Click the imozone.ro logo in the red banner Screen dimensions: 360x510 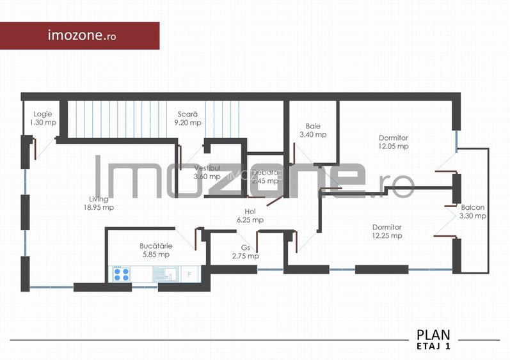82,36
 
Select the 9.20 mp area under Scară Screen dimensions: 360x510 189,123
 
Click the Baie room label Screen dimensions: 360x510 313,126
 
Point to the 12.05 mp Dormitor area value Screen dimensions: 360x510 393,146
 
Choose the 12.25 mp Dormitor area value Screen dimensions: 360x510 386,235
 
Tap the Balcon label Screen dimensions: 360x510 472,207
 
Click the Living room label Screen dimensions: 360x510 99,199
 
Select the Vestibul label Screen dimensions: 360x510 207,168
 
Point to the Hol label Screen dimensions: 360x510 250,211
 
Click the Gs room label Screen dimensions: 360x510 245,247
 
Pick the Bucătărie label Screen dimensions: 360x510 155,246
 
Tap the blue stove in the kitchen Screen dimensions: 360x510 121,274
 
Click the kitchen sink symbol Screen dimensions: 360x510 169,274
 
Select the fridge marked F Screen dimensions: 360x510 190,274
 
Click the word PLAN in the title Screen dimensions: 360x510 433,334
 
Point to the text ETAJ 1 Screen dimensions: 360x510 434,347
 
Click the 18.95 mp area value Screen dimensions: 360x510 99,207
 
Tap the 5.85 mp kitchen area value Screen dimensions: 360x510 155,254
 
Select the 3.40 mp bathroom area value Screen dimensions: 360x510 313,135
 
